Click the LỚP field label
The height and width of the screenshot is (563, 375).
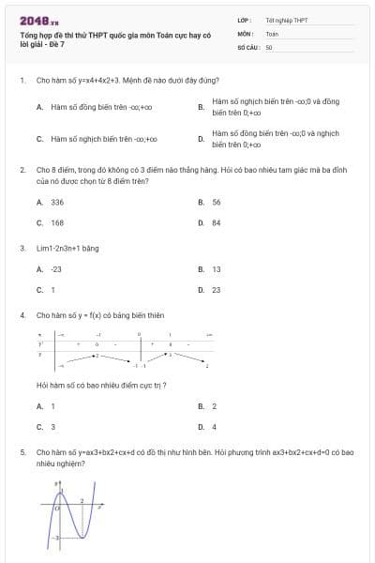244,19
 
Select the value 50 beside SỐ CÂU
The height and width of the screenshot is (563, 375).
269,46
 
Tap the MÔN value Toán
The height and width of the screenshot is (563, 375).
272,33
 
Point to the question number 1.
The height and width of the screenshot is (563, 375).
22,81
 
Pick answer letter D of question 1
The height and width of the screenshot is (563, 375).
201,140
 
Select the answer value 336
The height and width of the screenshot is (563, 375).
58,202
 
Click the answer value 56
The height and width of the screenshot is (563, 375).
217,202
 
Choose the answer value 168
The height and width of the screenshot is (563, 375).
58,223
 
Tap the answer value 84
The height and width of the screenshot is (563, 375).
217,223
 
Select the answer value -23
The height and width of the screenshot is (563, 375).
56,269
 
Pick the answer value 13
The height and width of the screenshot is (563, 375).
217,269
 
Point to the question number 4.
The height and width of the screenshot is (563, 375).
22,316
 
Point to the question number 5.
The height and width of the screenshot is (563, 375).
22,452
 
